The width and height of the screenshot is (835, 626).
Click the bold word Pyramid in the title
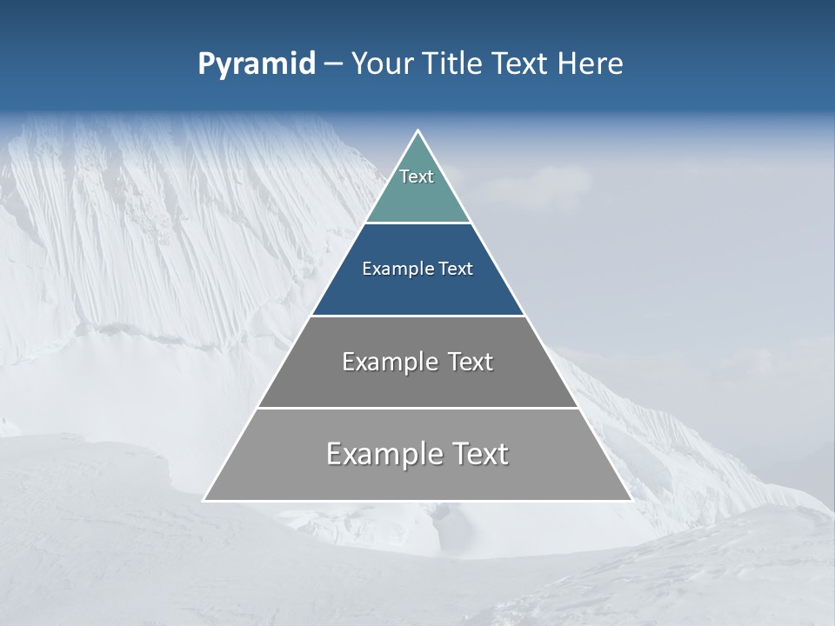coord(257,64)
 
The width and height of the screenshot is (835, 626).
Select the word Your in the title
coord(380,64)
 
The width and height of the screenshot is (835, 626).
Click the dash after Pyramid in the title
coord(332,64)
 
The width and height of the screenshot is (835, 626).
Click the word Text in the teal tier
coord(417,176)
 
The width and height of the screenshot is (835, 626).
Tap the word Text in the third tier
coord(471,362)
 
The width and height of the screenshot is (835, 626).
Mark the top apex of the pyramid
coord(417,130)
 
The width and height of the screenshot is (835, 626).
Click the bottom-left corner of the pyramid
coord(204,500)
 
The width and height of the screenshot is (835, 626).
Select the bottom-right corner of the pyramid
coord(631,500)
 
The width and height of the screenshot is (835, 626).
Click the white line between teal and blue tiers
coord(417,223)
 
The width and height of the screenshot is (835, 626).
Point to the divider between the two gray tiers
coord(417,408)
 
